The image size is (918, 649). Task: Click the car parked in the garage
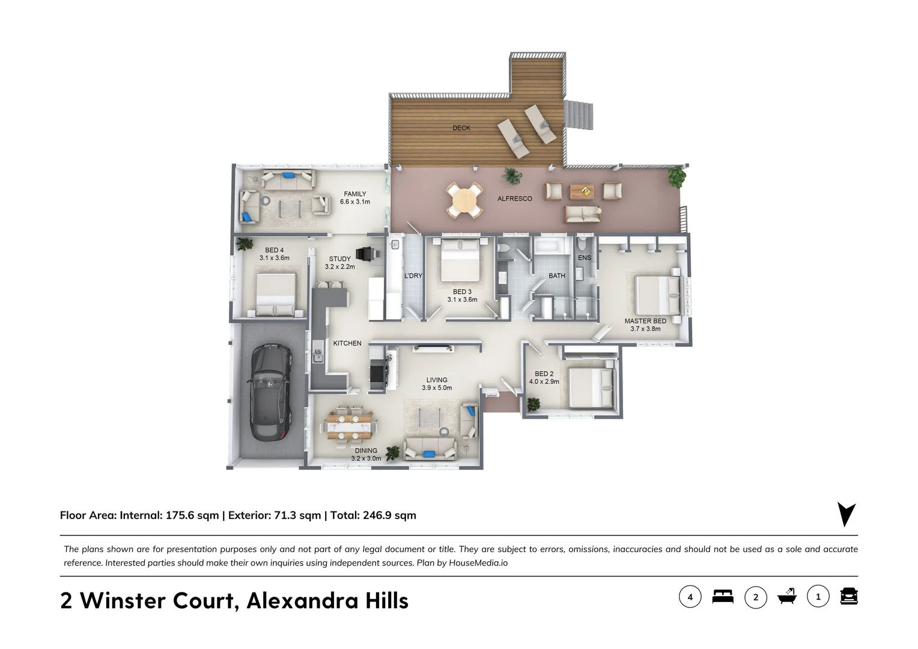(271, 391)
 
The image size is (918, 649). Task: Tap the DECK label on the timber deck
(461, 128)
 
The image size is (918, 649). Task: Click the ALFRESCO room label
(514, 199)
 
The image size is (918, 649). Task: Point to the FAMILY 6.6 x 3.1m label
(355, 198)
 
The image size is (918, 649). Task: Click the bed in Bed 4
(275, 294)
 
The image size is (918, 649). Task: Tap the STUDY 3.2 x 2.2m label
(340, 263)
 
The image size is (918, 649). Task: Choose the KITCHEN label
(347, 343)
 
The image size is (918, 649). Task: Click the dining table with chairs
(350, 425)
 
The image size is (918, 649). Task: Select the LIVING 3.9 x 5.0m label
(437, 383)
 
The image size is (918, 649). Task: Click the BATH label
(557, 276)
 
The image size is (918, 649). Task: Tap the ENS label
(585, 258)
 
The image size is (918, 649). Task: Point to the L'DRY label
(413, 276)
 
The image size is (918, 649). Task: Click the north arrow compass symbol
(846, 514)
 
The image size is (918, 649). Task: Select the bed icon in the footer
(723, 597)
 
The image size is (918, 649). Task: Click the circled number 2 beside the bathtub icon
(756, 597)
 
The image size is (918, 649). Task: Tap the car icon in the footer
(848, 597)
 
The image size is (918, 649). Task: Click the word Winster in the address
(123, 600)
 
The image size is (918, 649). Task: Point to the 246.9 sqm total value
(389, 515)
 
